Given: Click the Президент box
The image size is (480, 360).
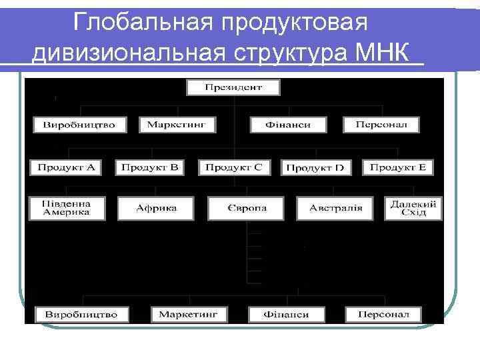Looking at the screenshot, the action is [x=233, y=87].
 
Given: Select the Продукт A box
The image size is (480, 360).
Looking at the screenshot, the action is [x=66, y=167].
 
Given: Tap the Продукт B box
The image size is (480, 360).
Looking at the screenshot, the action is [x=150, y=167].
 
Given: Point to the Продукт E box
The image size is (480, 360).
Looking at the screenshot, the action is [x=398, y=167].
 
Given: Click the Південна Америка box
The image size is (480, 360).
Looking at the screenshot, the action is [x=67, y=208].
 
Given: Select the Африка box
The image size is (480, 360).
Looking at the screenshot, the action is [x=156, y=208].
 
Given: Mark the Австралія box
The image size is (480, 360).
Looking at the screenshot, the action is [x=336, y=208].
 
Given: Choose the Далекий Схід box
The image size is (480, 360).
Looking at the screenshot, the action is [x=414, y=208].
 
